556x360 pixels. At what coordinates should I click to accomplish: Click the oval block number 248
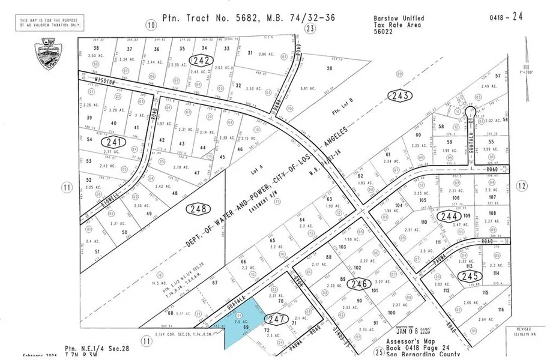click(199, 209)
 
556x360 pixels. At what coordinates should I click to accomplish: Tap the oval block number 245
click(468, 275)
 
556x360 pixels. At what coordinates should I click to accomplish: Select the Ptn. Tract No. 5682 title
click(249, 19)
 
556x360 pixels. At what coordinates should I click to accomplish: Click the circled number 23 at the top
click(310, 28)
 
